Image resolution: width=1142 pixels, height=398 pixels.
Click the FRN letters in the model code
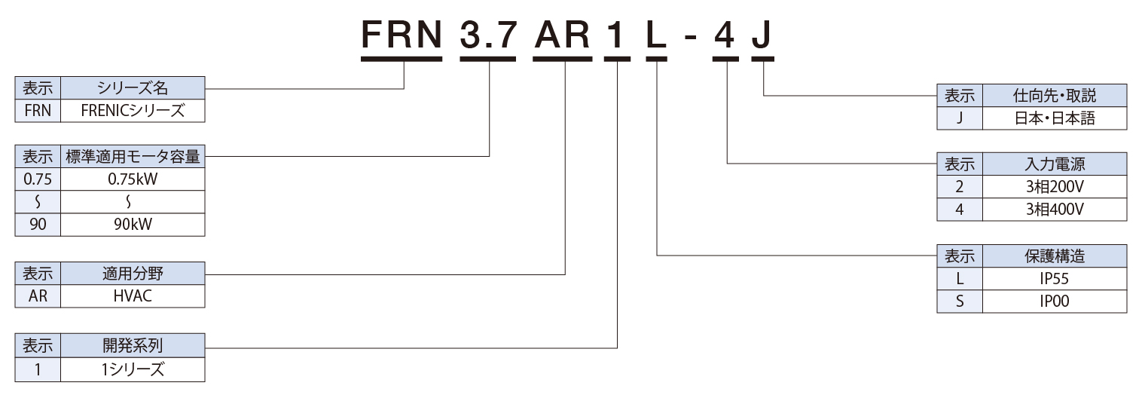402,35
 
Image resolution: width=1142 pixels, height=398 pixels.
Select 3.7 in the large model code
488,35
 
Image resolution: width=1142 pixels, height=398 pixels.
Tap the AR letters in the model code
562,35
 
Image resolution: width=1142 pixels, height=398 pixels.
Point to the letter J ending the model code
762,35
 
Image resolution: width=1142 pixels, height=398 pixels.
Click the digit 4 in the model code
725,35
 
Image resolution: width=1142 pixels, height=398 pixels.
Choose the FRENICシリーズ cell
133,111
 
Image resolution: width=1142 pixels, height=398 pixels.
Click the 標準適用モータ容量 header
133,157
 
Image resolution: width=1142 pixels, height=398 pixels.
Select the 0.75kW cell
133,179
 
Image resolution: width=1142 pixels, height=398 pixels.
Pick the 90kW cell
133,225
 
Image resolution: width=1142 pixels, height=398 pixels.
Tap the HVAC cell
133,296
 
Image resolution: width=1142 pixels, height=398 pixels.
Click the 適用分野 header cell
133,274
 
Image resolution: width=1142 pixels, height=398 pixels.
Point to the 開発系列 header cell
133,345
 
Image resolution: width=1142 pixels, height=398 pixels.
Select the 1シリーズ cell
133,369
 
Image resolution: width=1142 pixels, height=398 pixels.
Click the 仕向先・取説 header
1055,96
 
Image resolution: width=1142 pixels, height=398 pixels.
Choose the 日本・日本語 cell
1055,118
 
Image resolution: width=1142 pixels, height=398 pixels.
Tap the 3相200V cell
1055,187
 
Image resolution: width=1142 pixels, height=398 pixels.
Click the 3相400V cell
1055,210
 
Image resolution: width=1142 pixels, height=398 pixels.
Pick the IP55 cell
1055,279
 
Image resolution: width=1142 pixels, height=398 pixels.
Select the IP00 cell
1055,301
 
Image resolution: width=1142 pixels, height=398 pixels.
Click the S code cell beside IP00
960,301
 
